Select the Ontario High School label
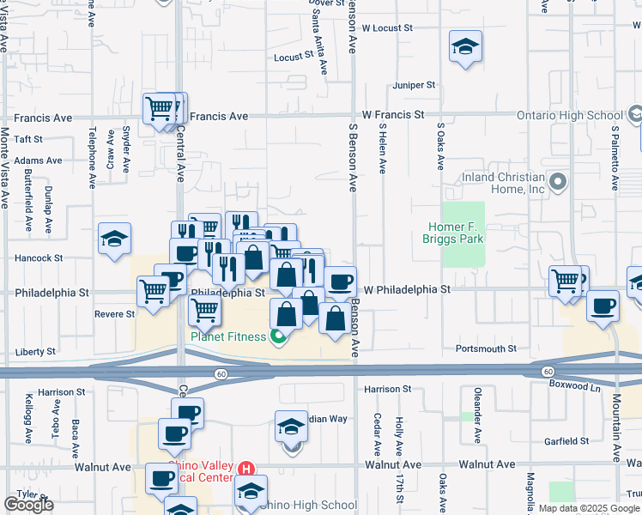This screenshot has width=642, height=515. pyautogui.click(x=569, y=115)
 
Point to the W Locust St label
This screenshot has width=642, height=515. pyautogui.click(x=387, y=27)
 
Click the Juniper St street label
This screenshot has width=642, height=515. pyautogui.click(x=415, y=85)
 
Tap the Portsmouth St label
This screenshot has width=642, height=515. pyautogui.click(x=486, y=349)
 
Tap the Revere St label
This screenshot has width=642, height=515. pyautogui.click(x=115, y=314)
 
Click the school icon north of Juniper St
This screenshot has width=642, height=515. pyautogui.click(x=465, y=46)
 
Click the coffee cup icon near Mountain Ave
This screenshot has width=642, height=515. pyautogui.click(x=603, y=306)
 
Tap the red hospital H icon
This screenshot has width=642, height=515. pyautogui.click(x=246, y=469)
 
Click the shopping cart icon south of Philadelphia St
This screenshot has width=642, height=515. pyautogui.click(x=204, y=311)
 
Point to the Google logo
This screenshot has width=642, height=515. pyautogui.click(x=28, y=505)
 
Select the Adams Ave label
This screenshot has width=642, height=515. pyautogui.click(x=38, y=161)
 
